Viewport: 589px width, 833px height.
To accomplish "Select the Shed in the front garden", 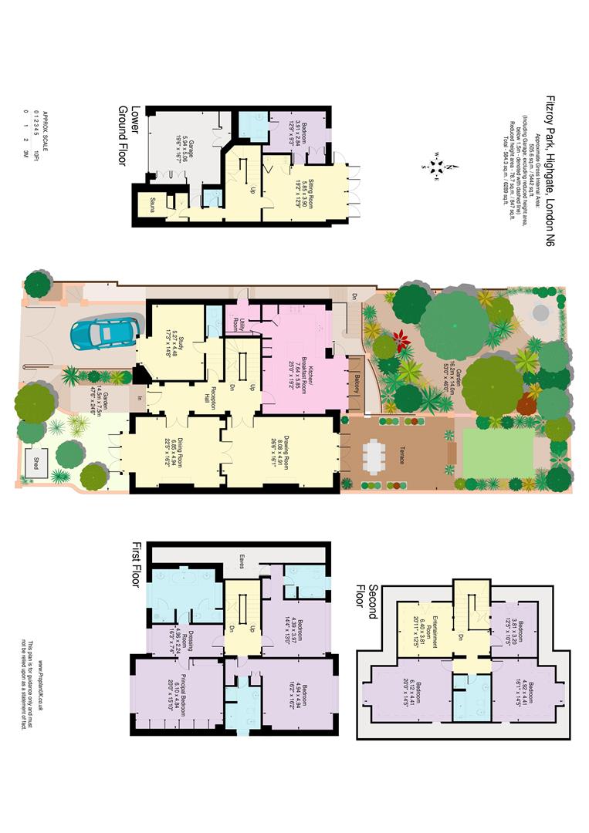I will coord(34,456).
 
